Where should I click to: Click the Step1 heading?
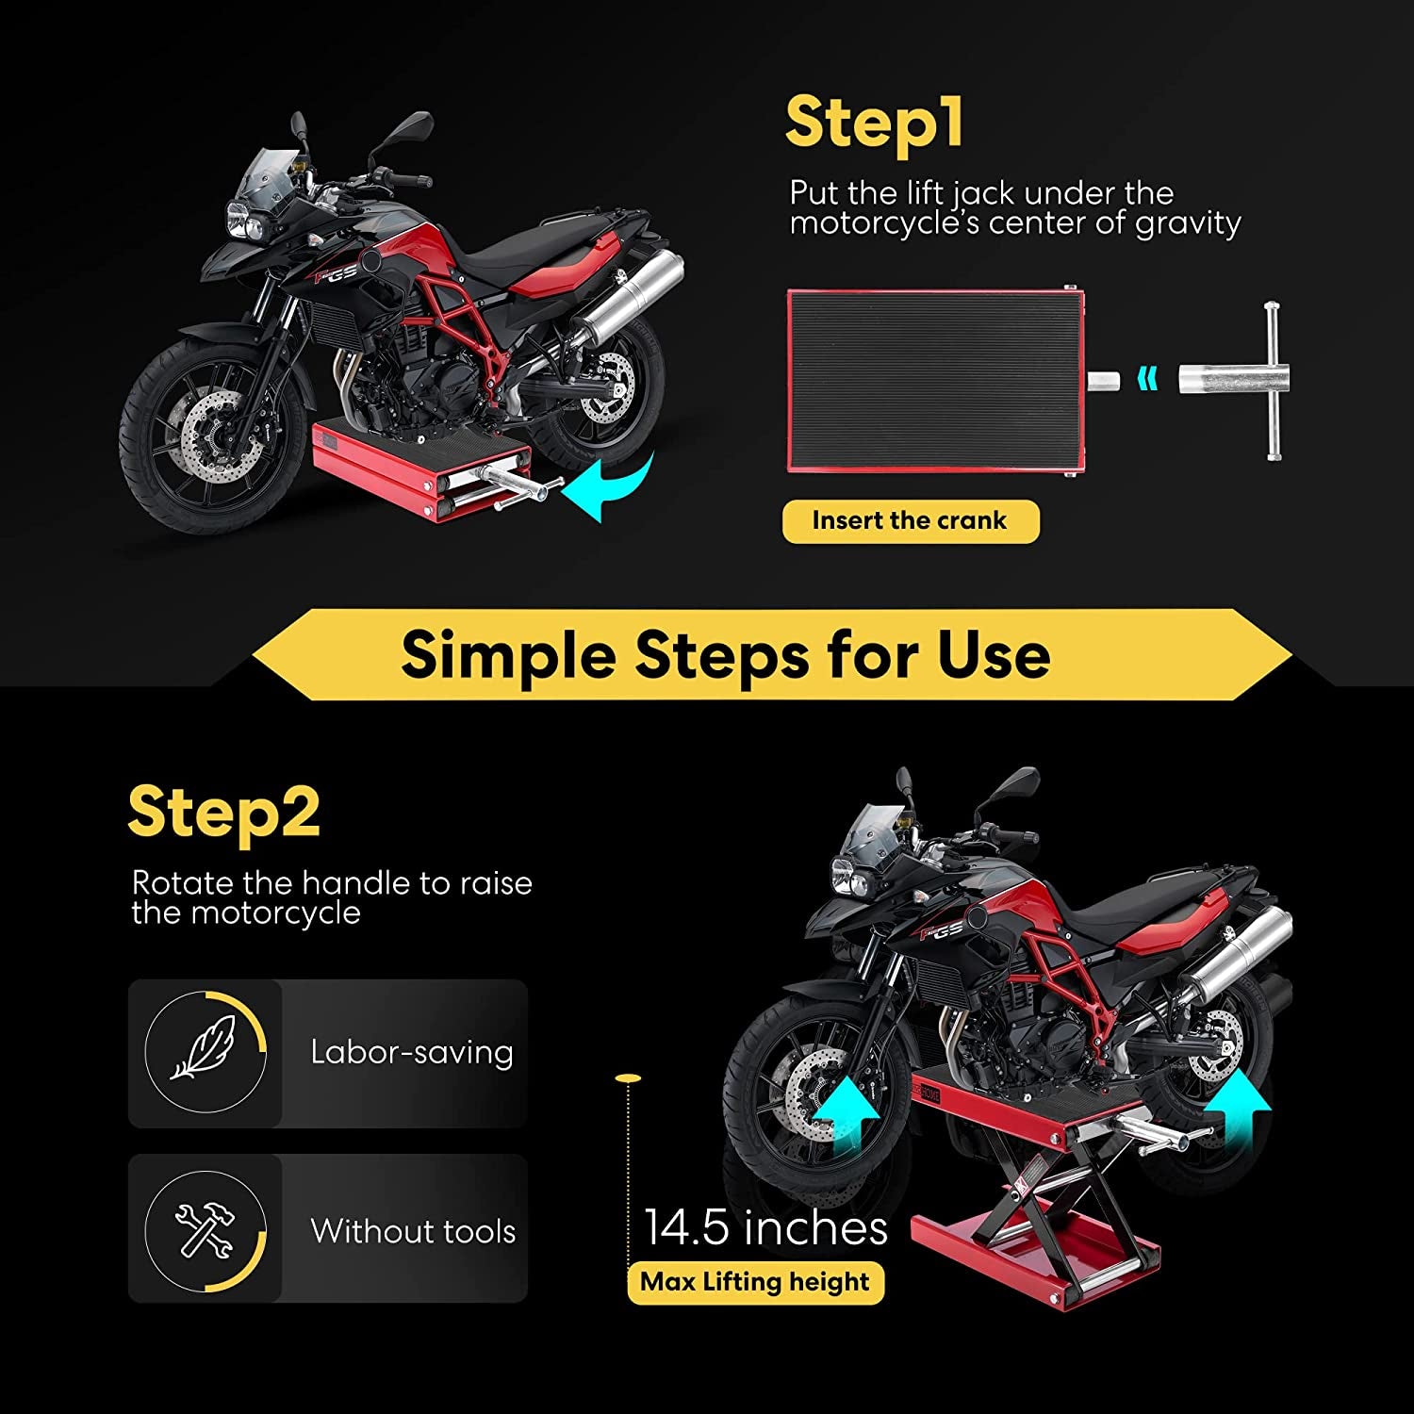[874, 123]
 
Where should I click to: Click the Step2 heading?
[224, 813]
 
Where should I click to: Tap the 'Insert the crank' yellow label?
[910, 521]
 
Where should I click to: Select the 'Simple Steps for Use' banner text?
[725, 655]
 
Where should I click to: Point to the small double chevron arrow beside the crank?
[1147, 379]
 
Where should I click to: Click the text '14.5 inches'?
[765, 1228]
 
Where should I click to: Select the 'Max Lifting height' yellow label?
[755, 1282]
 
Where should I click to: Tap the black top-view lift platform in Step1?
[933, 380]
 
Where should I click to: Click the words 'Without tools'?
[413, 1231]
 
